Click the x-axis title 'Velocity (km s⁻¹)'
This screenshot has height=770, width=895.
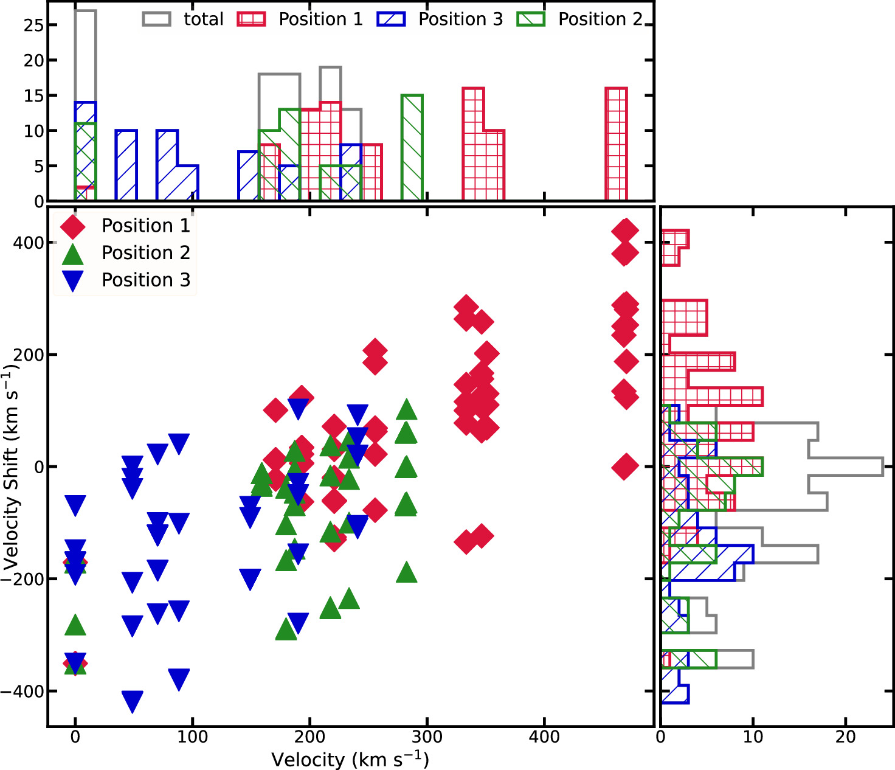350,760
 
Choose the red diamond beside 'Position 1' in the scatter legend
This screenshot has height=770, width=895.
73,226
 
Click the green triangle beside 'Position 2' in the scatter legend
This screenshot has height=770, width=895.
73,254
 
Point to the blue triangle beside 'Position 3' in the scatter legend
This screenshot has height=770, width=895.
73,280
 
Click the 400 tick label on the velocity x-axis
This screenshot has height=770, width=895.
544,737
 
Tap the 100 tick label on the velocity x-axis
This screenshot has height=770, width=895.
192,737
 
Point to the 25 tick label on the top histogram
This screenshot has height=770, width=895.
33,26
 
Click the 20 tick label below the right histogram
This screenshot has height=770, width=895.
845,737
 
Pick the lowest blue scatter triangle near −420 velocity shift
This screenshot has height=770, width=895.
133,700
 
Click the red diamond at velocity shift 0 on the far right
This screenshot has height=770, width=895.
624,467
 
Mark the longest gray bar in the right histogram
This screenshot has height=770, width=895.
790,467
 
